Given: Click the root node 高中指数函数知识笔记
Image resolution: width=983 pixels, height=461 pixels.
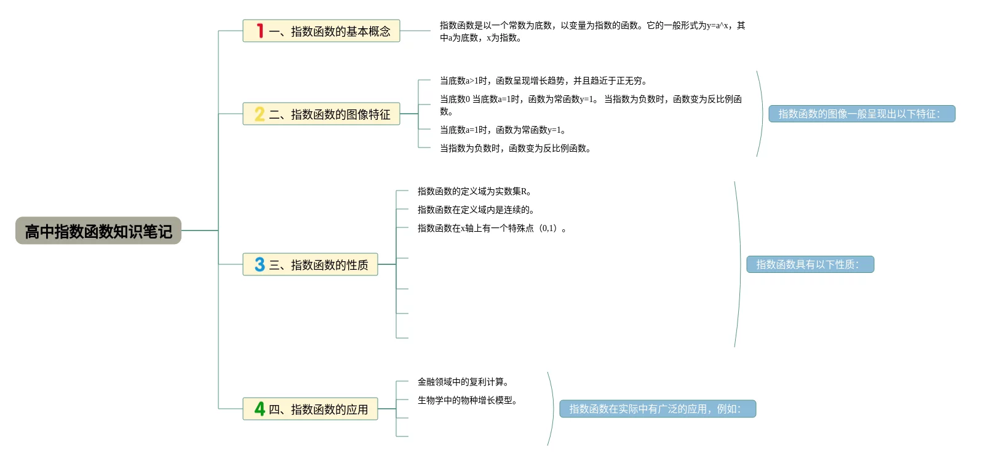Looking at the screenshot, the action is pyautogui.click(x=98, y=231).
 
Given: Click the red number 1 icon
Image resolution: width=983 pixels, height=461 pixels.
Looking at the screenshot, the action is pyautogui.click(x=260, y=31).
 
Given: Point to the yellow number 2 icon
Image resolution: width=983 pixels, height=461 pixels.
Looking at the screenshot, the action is pyautogui.click(x=260, y=114).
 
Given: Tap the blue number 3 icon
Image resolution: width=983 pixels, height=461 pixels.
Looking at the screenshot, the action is pyautogui.click(x=260, y=265).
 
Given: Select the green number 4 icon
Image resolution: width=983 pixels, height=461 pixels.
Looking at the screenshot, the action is pyautogui.click(x=260, y=409).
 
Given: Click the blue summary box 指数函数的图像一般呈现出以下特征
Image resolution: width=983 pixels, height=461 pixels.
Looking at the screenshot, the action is pyautogui.click(x=861, y=114).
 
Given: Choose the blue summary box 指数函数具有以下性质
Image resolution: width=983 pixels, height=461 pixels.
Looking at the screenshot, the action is pyautogui.click(x=810, y=264).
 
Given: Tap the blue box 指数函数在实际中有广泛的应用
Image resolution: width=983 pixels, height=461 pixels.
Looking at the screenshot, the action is pyautogui.click(x=657, y=409).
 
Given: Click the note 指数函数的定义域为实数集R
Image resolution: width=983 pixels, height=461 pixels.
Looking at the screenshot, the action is pyautogui.click(x=474, y=191).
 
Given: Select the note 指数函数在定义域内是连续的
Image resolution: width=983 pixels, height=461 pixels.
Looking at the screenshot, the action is pyautogui.click(x=476, y=210).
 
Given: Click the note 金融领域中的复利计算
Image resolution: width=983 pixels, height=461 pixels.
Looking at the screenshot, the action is pyautogui.click(x=463, y=382).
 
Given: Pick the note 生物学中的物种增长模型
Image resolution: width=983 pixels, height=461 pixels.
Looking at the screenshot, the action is pyautogui.click(x=468, y=400).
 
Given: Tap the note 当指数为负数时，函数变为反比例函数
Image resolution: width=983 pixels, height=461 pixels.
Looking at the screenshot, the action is pyautogui.click(x=515, y=148).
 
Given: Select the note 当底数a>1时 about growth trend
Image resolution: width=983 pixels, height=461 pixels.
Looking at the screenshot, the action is pyautogui.click(x=543, y=81).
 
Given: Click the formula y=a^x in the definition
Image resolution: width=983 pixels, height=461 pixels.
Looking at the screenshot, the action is pyautogui.click(x=718, y=26).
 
